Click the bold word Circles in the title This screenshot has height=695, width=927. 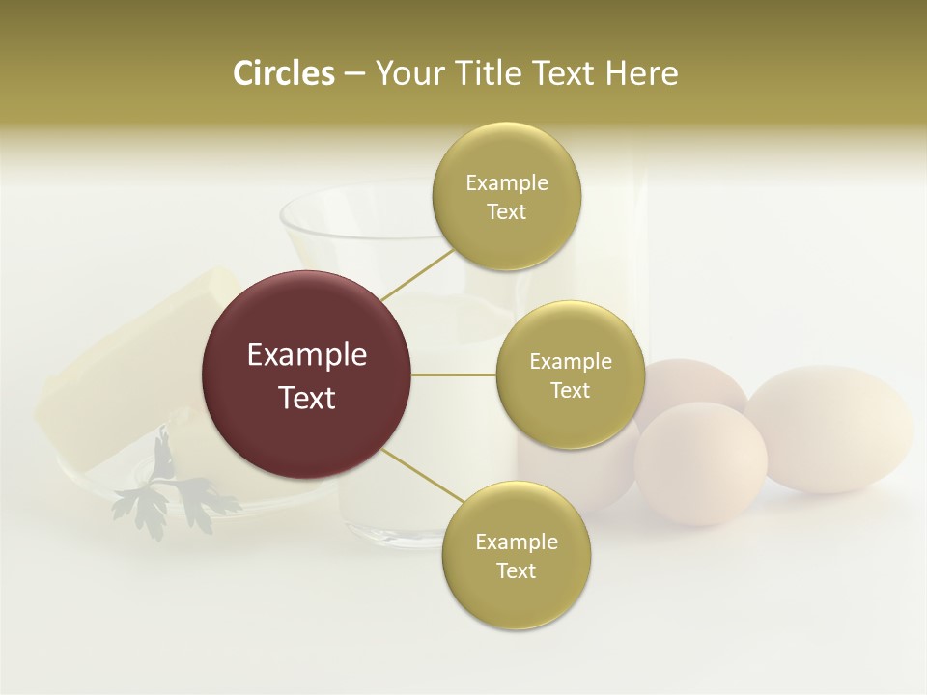coord(283,73)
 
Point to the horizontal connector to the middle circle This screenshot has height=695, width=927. coord(454,375)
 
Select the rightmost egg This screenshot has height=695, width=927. coord(830,430)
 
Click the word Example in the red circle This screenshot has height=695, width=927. coord(307,355)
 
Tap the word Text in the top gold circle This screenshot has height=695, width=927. coord(506,211)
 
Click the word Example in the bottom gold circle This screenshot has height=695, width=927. coord(516,542)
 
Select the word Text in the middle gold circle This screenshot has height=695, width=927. coord(570,390)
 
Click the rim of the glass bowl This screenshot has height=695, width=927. coord(357,199)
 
